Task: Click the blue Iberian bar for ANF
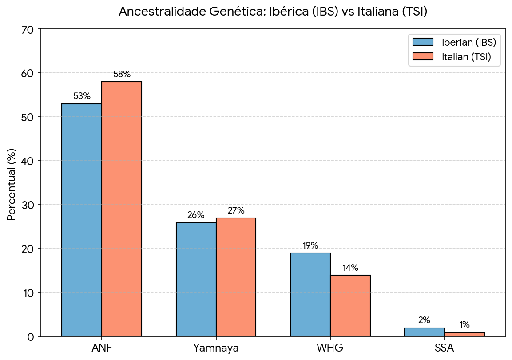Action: point(82,220)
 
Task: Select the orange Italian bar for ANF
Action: point(122,209)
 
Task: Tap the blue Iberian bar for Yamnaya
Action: point(196,279)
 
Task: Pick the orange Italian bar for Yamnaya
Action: point(236,277)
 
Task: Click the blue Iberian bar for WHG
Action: point(310,295)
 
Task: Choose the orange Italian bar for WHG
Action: point(350,306)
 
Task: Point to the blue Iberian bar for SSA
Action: point(425,332)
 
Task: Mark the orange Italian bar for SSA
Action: point(464,334)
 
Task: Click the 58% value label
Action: point(122,75)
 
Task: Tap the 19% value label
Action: point(310,245)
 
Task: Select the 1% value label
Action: point(464,325)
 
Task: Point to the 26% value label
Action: point(196,215)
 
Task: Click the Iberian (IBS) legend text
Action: point(469,43)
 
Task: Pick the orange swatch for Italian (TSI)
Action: point(423,56)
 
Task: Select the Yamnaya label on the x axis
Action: point(216,348)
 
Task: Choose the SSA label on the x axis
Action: point(445,348)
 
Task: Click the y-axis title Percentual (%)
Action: point(12,184)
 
